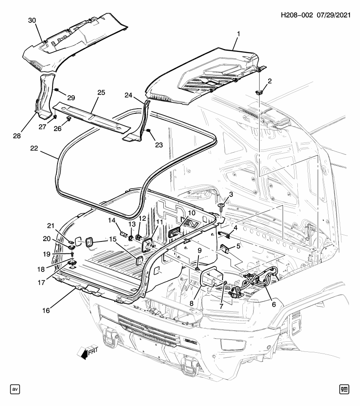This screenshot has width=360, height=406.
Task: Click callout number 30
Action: coord(32,20)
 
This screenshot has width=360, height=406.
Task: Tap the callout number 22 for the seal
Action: coord(35,148)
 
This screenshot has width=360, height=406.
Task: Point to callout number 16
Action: coord(46,310)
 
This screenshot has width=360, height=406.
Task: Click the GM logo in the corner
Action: coord(344,389)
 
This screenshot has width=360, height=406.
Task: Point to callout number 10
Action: coord(192,213)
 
